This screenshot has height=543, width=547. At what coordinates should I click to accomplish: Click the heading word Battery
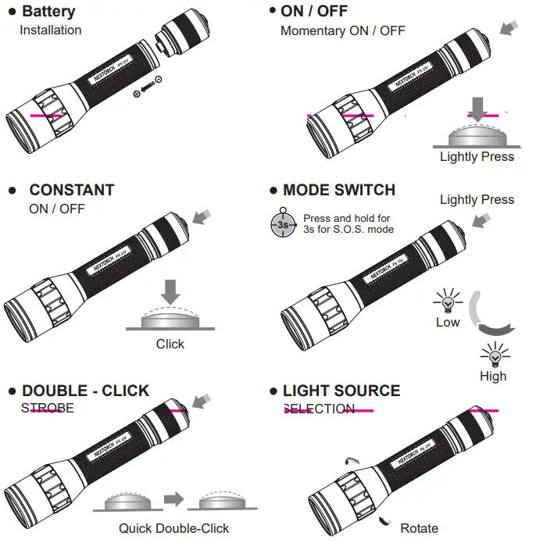[48, 12]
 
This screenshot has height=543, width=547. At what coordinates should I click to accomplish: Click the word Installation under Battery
[50, 30]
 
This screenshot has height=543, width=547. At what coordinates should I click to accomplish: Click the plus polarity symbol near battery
[138, 94]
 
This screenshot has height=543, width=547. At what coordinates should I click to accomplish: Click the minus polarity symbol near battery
[159, 80]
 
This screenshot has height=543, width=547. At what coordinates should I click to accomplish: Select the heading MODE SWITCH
[339, 190]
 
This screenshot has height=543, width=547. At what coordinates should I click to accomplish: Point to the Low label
[448, 322]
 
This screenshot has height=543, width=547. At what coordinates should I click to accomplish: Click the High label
[493, 376]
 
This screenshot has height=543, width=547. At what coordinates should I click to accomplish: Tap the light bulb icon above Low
[448, 302]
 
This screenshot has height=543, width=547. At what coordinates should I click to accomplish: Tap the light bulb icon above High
[493, 356]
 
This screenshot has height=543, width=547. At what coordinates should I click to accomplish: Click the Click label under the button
[170, 344]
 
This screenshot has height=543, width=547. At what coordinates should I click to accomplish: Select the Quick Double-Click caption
[174, 528]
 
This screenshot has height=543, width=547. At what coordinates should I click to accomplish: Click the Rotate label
[419, 528]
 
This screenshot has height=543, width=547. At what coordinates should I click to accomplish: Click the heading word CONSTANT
[72, 190]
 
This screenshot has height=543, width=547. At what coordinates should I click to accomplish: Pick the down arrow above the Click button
[170, 292]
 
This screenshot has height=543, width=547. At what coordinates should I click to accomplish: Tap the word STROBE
[48, 408]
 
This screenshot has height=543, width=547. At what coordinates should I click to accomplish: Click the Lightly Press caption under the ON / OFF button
[477, 156]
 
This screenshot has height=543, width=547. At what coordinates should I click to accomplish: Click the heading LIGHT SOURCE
[341, 391]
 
